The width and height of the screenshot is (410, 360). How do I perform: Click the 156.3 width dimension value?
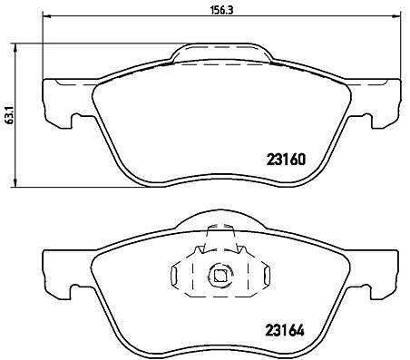tap(221, 10)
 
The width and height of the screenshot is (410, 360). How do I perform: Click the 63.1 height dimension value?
tap(10, 114)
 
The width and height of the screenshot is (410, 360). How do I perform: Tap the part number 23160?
tap(286, 160)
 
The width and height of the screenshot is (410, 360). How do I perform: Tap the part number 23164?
tap(285, 330)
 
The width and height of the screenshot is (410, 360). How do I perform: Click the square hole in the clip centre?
tap(220, 275)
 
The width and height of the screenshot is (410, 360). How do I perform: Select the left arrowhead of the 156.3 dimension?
tap(46, 16)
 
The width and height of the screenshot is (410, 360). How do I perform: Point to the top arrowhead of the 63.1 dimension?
tap(15, 47)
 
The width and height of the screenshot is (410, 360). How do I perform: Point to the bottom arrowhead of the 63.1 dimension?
tap(15, 182)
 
